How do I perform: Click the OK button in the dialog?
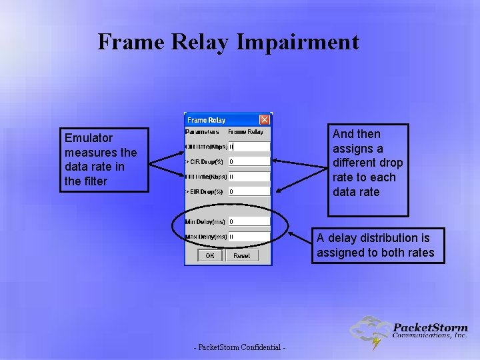[x=210, y=255]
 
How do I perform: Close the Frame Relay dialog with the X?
[x=265, y=120]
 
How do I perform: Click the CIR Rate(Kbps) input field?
[x=249, y=147]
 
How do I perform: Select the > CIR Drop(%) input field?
[x=249, y=161]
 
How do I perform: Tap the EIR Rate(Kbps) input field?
[x=249, y=177]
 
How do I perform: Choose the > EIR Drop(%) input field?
[x=249, y=192]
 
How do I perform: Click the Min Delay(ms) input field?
[x=249, y=221]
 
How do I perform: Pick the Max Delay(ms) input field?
[x=249, y=236]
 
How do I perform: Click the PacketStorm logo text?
[x=430, y=327]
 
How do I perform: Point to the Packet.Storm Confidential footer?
[x=240, y=348]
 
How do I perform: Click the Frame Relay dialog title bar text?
[x=207, y=120]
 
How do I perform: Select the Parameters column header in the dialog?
[x=203, y=132]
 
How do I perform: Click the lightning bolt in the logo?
[x=377, y=343]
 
